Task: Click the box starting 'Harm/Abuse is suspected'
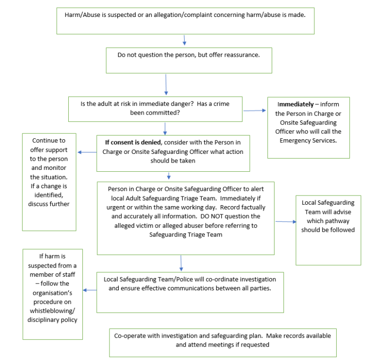point(185,21)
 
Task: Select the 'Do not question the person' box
point(188,60)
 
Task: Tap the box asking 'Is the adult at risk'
point(155,109)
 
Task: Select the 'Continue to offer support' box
point(49,181)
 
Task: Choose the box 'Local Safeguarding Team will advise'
point(328,230)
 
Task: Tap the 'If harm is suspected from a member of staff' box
point(52,294)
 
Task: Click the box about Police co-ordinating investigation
point(190,292)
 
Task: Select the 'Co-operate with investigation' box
point(222,342)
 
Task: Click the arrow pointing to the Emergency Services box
point(254,110)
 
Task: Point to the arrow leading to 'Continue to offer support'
point(87,152)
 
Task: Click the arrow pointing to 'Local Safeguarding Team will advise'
point(285,222)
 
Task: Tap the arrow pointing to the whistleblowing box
point(90,290)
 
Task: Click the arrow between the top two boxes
point(184,40)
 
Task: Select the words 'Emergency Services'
point(308,140)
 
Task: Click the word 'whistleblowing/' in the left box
point(52,311)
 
